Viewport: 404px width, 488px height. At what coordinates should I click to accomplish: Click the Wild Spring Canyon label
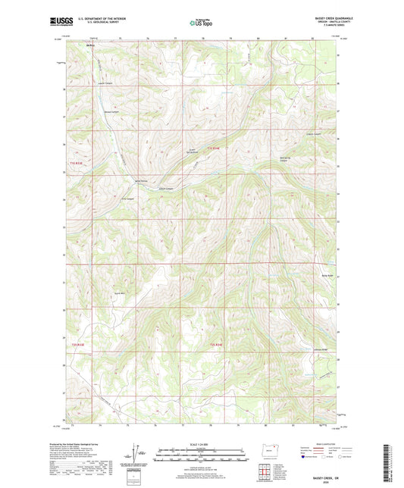[x=285, y=160]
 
